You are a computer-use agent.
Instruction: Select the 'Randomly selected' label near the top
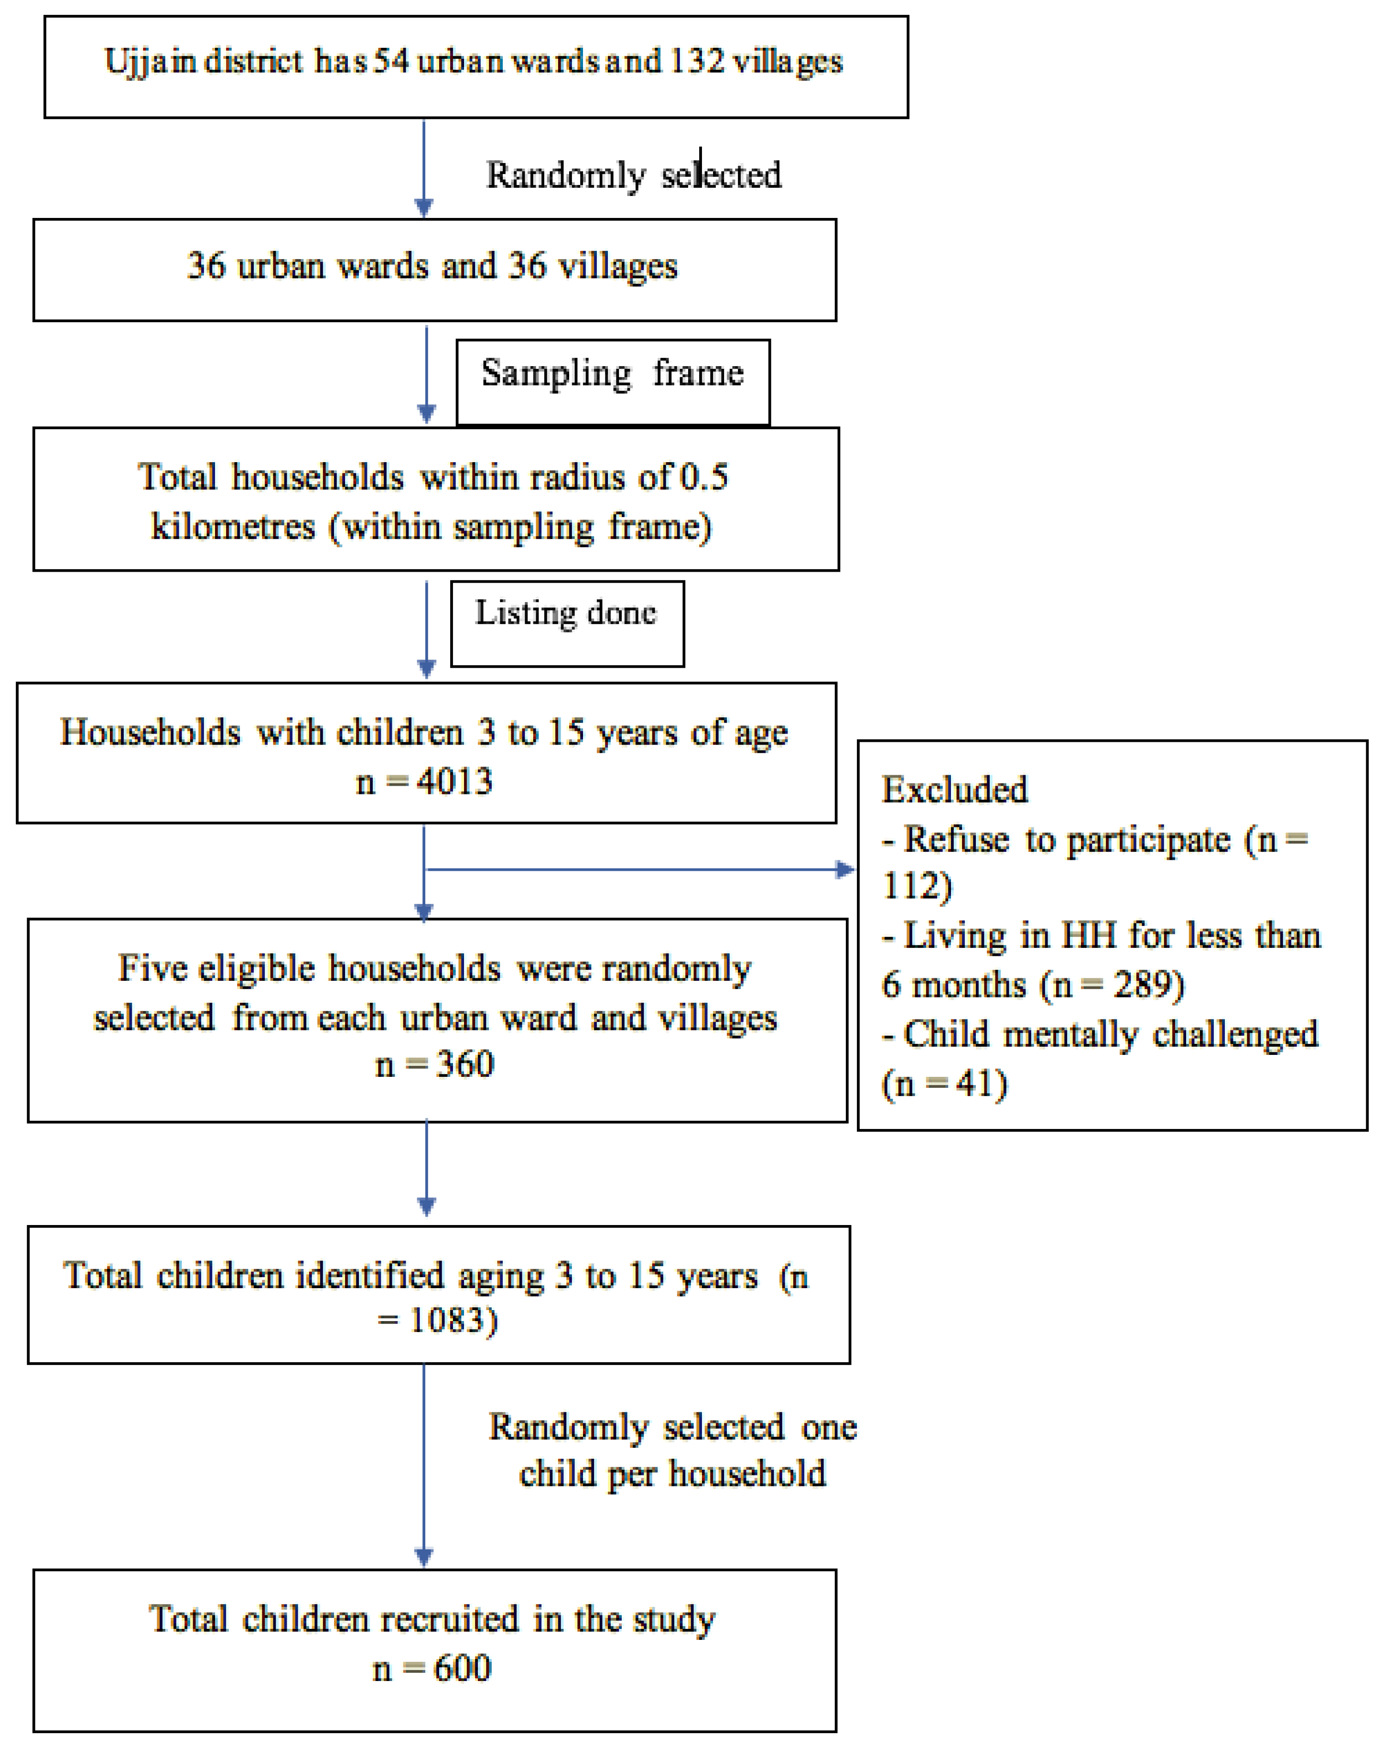pyautogui.click(x=633, y=175)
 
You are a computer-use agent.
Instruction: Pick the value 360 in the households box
pyautogui.click(x=465, y=1064)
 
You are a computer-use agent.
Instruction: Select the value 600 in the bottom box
pyautogui.click(x=462, y=1668)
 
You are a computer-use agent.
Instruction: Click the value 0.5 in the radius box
pyautogui.click(x=703, y=477)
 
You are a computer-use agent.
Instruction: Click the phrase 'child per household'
pyautogui.click(x=672, y=1473)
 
